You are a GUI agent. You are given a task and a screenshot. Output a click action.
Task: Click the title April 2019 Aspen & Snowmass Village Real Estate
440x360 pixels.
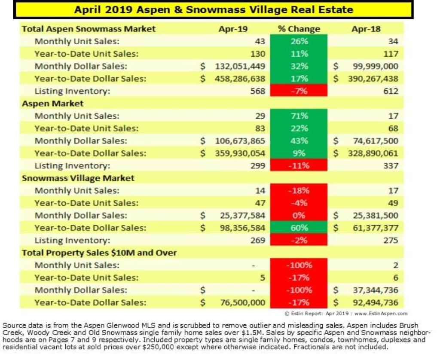[x=214, y=9]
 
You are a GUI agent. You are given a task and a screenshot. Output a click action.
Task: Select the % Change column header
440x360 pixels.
[x=299, y=29]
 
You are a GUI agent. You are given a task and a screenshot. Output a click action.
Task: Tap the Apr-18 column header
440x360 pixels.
[x=366, y=29]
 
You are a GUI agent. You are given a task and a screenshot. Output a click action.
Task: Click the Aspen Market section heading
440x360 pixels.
[x=53, y=104]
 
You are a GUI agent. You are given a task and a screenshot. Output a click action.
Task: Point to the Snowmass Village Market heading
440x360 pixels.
[x=78, y=178]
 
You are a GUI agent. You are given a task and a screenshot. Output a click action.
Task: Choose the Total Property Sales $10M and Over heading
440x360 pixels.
[x=99, y=253]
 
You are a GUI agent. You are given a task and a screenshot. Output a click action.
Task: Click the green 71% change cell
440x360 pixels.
[x=299, y=116]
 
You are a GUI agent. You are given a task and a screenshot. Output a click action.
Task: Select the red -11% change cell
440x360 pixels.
[x=299, y=166]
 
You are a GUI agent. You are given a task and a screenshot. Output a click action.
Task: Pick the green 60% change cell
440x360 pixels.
[x=299, y=228]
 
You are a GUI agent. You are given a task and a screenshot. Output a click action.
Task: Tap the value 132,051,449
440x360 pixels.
[x=240, y=66]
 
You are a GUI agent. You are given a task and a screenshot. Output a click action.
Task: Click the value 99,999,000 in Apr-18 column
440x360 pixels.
[x=372, y=66]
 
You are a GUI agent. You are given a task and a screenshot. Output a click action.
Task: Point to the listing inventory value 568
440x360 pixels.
[x=257, y=91]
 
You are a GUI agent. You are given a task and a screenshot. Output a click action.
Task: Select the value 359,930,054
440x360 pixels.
[x=240, y=153]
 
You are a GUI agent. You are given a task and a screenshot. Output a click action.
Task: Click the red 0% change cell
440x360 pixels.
[x=299, y=216]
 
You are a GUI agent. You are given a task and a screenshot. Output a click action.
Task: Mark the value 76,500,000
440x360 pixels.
[x=242, y=302]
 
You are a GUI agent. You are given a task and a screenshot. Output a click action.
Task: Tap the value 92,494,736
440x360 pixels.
[x=375, y=302]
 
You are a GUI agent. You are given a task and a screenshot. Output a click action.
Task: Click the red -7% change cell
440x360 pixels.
[x=299, y=91]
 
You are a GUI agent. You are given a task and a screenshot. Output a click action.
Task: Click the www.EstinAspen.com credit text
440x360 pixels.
[x=381, y=314]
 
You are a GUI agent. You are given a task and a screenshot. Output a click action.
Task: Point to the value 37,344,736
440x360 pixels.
[x=375, y=290]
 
